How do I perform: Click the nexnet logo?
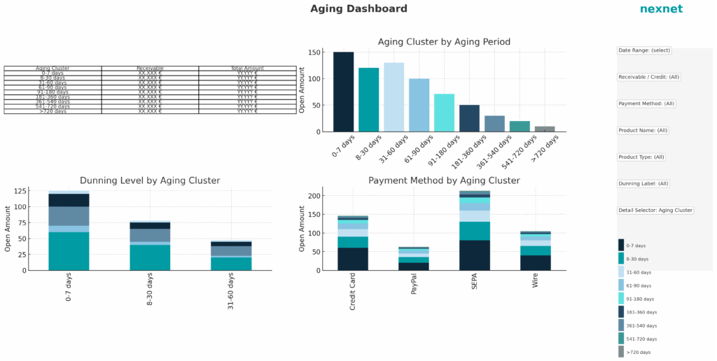pos(660,9)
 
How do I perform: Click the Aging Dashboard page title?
pos(358,9)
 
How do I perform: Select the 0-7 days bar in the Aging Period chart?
pos(343,92)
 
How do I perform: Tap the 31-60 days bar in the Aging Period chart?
pos(394,97)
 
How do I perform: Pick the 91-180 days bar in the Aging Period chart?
pos(444,113)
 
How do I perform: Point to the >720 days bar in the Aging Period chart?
pos(545,129)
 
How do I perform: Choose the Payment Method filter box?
pos(646,104)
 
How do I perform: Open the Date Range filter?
pos(644,50)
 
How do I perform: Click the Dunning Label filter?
pos(643,184)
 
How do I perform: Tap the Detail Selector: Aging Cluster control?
pos(655,211)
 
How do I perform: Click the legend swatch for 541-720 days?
pos(621,339)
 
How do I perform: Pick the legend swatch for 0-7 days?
pos(621,245)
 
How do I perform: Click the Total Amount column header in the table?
pos(247,69)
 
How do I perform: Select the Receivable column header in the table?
pos(150,69)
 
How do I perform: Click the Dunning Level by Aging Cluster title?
pos(150,180)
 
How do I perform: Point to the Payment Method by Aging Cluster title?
pos(444,180)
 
